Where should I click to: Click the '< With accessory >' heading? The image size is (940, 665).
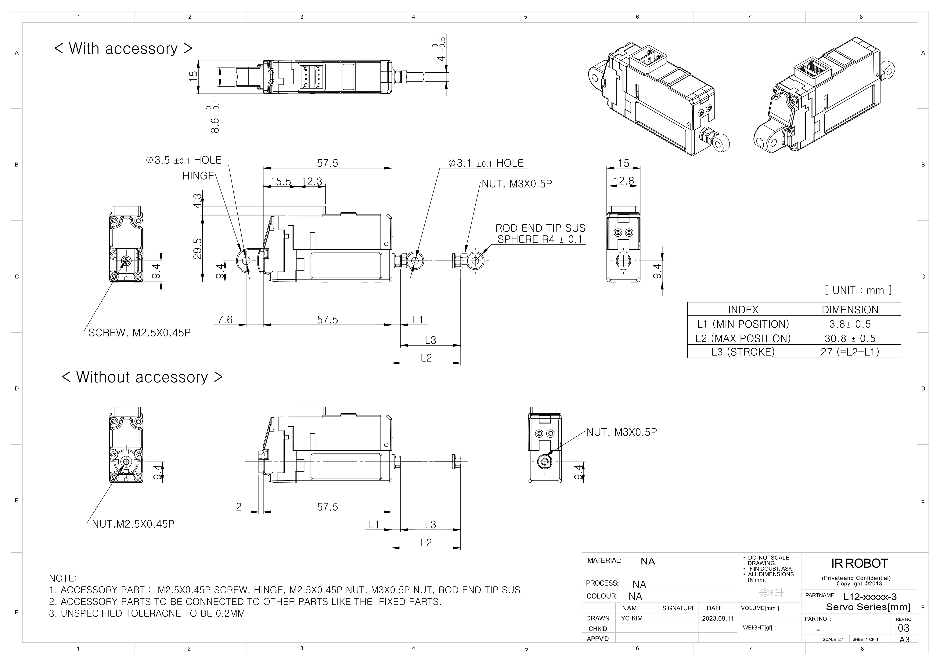click(x=123, y=48)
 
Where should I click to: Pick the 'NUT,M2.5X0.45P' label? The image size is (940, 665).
click(x=133, y=524)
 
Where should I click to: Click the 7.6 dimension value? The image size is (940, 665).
click(x=225, y=319)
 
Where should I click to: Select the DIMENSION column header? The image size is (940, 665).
click(x=850, y=310)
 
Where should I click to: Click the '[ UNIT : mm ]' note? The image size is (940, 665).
click(x=858, y=290)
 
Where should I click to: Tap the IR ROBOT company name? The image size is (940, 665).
click(x=859, y=563)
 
